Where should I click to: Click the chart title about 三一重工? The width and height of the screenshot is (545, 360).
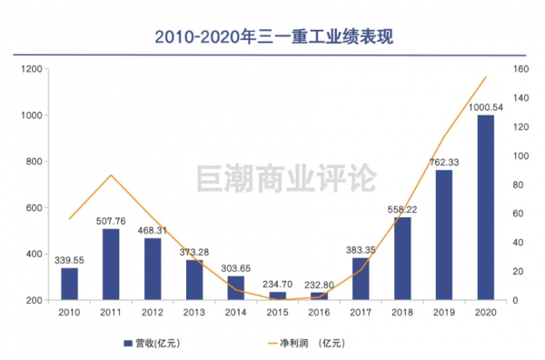click(x=273, y=36)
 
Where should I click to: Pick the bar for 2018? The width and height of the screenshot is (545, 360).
click(x=402, y=258)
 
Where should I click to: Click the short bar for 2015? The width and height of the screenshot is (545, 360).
click(x=277, y=295)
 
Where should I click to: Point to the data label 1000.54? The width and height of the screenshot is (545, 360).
click(x=486, y=107)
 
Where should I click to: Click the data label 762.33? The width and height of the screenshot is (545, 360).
click(x=444, y=163)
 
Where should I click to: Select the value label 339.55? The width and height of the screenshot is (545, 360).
click(x=69, y=260)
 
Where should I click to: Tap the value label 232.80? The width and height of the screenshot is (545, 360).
click(x=319, y=285)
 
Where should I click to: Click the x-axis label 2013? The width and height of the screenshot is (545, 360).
click(x=193, y=312)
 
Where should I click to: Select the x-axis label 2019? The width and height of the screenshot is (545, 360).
click(x=443, y=312)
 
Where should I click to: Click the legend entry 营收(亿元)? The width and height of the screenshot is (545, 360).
click(x=155, y=343)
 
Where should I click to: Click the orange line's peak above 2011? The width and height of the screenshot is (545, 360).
click(x=111, y=175)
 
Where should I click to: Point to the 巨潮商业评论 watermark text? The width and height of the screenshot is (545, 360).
click(x=285, y=178)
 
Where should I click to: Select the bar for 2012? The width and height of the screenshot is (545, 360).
click(x=153, y=268)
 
